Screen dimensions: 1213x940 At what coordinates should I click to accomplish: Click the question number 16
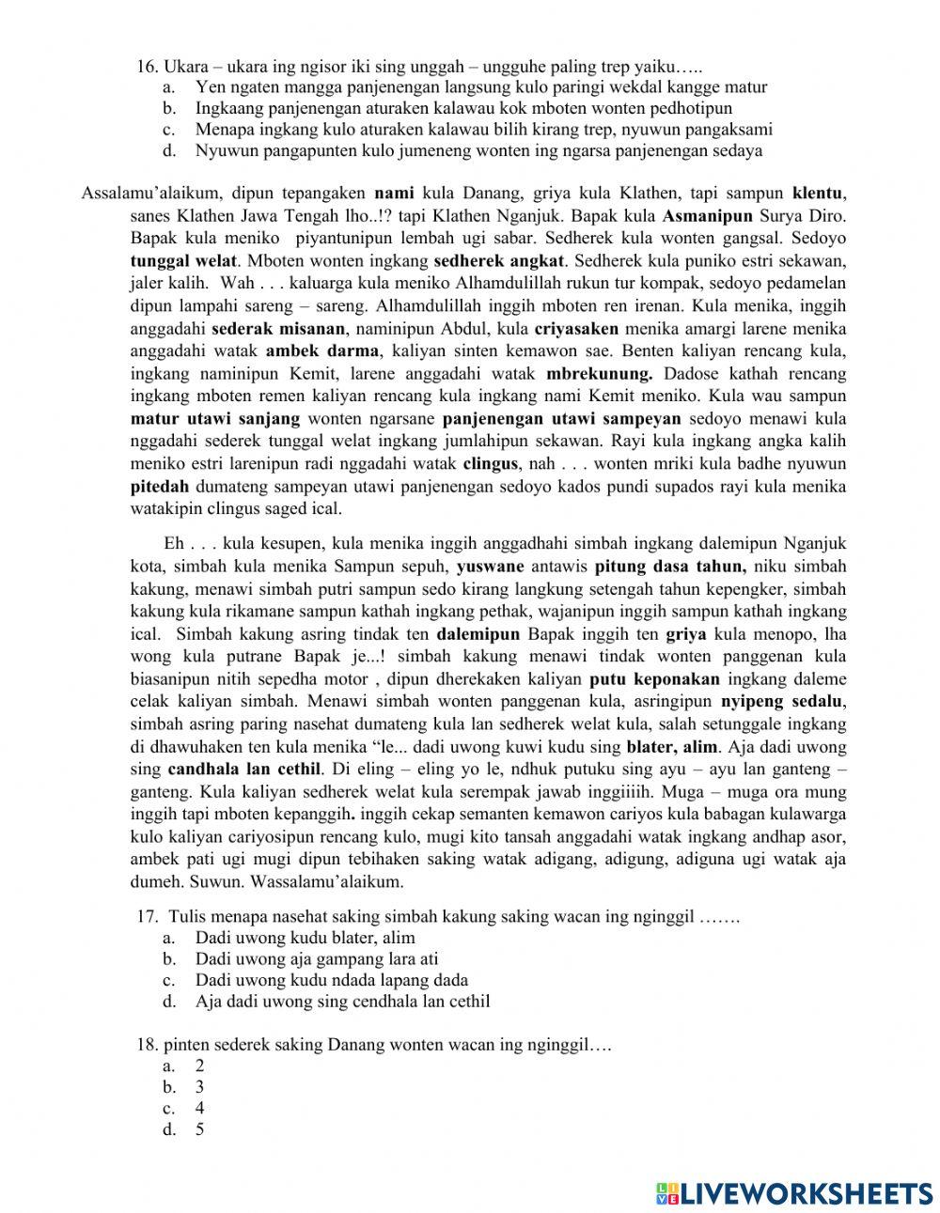[147, 67]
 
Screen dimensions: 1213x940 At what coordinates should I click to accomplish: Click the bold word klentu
[818, 194]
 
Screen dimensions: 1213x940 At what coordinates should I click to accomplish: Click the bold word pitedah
[160, 487]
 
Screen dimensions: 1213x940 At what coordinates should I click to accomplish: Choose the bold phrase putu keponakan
[654, 679]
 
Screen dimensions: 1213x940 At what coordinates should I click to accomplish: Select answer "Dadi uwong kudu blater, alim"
[305, 938]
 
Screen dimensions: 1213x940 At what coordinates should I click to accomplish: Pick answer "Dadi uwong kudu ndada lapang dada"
[331, 980]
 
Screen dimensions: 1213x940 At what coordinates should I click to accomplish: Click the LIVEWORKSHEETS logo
[794, 1192]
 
